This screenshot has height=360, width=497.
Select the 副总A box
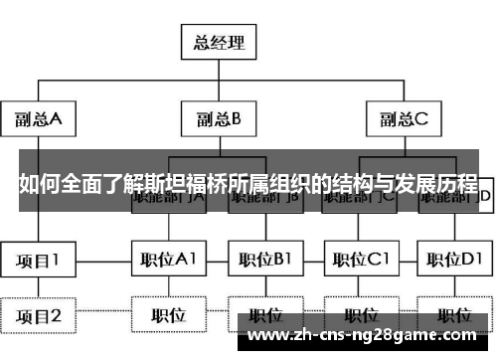tap(39, 120)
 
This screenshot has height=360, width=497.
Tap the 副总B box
tap(219, 120)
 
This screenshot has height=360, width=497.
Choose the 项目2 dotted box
tap(39, 316)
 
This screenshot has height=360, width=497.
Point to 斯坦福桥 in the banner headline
tap(190, 184)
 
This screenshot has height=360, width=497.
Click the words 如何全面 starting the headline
tap(51, 184)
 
